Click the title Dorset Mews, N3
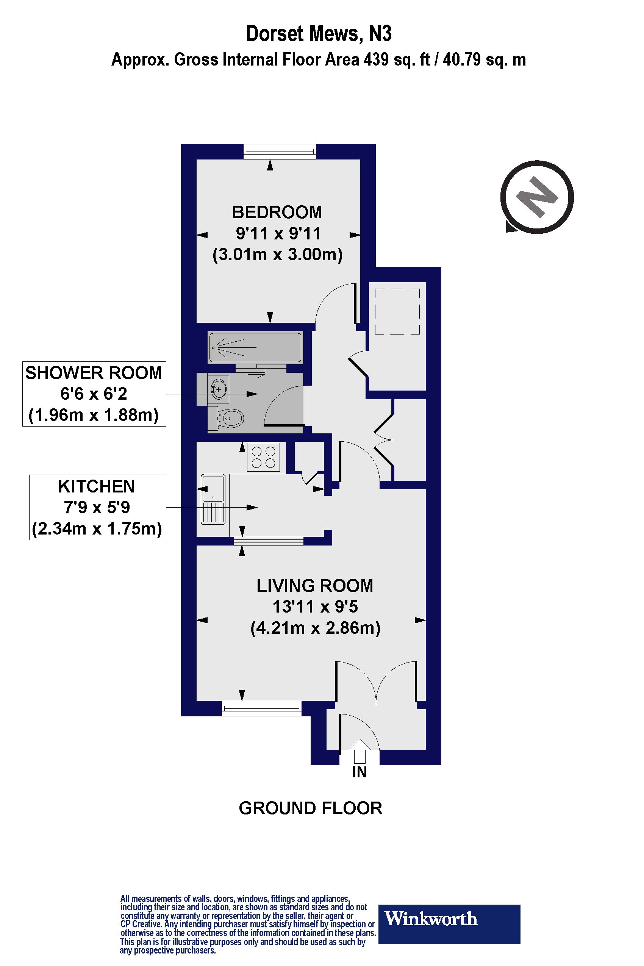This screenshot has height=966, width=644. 318,34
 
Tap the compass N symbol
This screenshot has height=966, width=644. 537,197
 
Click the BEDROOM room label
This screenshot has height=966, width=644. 277,213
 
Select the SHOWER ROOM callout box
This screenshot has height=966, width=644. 94,394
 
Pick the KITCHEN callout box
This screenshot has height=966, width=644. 97,507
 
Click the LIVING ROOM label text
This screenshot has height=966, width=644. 314,585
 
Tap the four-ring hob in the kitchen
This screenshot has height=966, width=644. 263,457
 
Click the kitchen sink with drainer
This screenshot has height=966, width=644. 213,499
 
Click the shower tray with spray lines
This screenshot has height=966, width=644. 255,347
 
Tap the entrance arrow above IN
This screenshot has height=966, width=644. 360,751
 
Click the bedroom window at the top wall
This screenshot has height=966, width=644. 280,152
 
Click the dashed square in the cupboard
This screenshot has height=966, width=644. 397,311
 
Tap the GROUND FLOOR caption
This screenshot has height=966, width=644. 310,808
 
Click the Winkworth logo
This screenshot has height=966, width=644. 449,919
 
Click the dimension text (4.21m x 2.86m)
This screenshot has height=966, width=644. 315,628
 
